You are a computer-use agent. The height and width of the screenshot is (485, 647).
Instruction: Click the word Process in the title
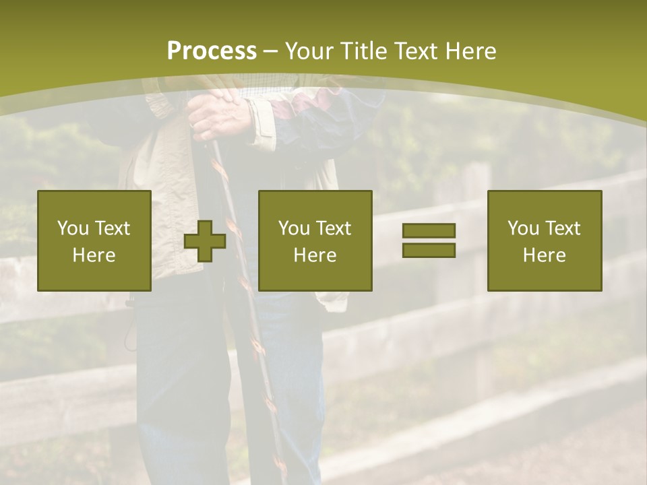pos(212,51)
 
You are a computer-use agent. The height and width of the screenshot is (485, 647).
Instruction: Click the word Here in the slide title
pos(470,51)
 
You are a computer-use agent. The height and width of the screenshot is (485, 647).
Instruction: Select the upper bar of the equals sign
pos(429,231)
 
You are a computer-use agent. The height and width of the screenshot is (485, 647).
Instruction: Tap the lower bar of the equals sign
pos(429,250)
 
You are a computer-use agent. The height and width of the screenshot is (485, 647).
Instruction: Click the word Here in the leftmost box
pos(94,255)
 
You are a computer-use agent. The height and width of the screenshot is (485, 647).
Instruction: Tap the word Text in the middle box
pos(334,228)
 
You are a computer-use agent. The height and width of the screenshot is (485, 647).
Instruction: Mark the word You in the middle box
pos(293,228)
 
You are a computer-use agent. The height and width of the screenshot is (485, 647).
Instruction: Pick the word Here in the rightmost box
pos(544,255)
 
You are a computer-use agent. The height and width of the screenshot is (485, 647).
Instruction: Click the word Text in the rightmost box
pos(563,228)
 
